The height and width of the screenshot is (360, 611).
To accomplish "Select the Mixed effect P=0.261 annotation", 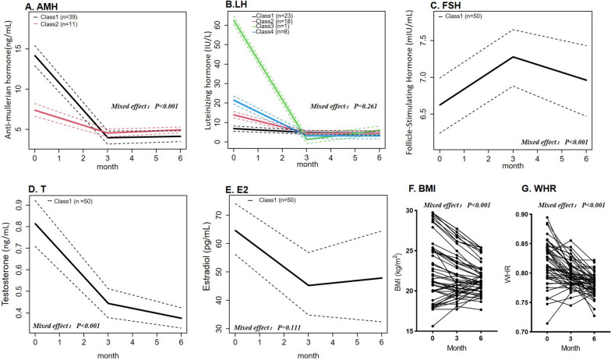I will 346,106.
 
